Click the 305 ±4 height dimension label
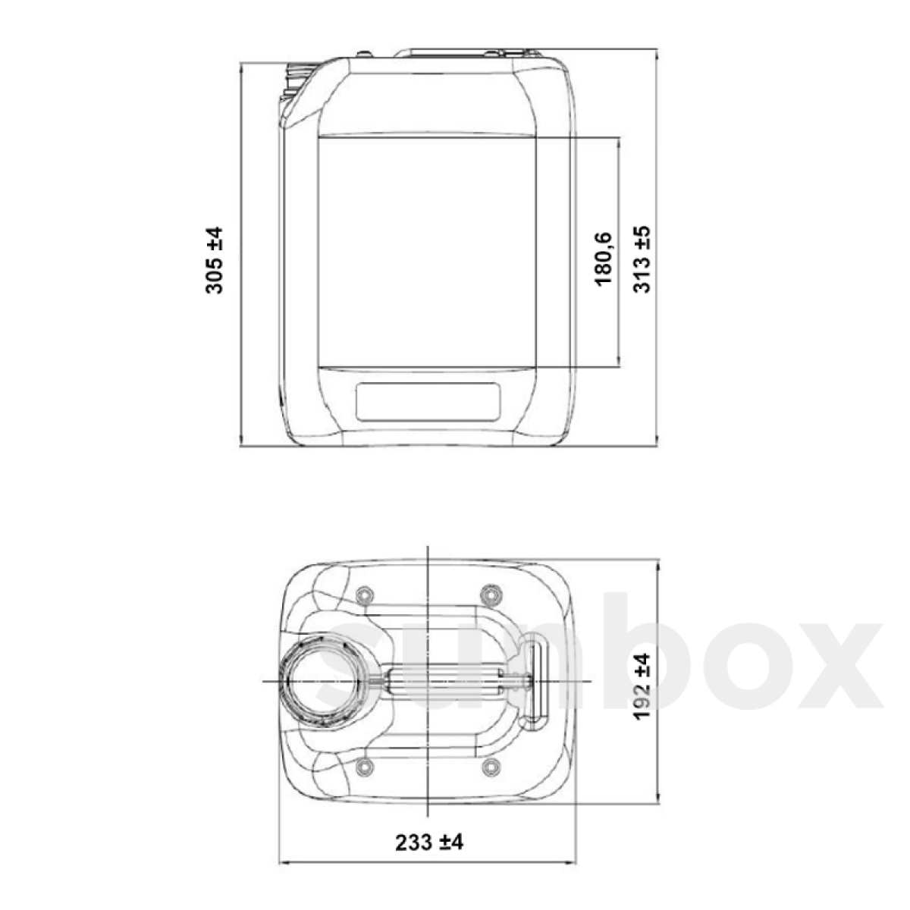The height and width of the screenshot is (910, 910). tap(215, 259)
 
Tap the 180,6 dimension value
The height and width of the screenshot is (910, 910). tap(604, 260)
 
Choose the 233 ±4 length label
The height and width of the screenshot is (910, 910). tap(428, 843)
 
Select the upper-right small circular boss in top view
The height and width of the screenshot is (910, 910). tap(491, 591)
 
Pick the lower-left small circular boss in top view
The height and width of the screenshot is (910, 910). tap(365, 767)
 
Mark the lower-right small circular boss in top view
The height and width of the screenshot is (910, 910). tap(491, 767)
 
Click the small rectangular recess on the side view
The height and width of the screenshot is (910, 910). tap(428, 402)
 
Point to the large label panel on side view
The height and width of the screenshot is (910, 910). tap(428, 250)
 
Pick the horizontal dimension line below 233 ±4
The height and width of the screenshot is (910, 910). tap(428, 863)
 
